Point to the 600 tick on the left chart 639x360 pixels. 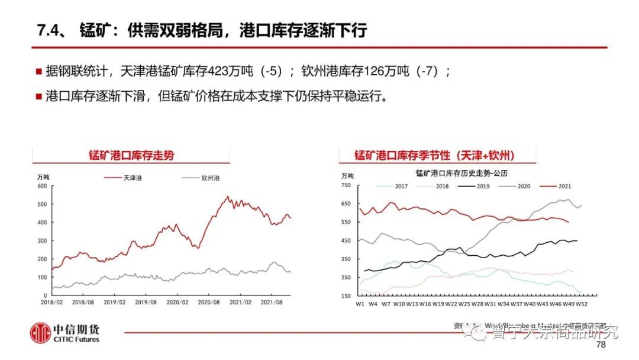point(41,186)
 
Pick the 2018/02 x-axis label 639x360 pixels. point(53,302)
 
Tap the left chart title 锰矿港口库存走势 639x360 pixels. point(131,156)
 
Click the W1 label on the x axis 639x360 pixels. point(359,304)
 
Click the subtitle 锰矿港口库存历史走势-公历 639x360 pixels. point(461,173)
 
